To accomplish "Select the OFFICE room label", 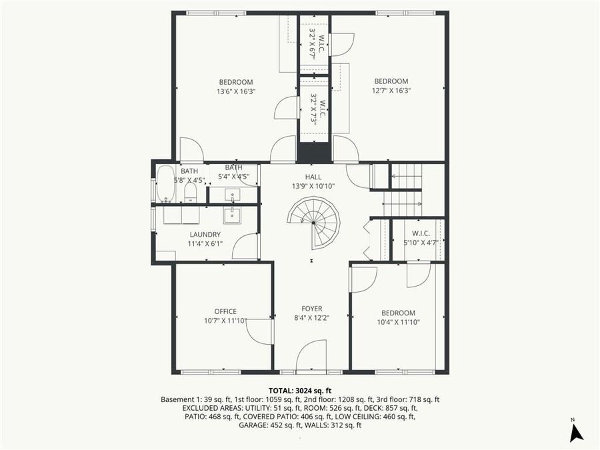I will [225, 311].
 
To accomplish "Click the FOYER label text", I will [311, 309].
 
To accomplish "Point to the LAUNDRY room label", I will [205, 235].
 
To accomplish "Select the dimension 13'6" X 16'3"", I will [236, 91].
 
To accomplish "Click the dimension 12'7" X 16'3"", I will [390, 91].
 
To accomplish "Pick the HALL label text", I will [313, 177].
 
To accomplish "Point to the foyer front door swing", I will [311, 355].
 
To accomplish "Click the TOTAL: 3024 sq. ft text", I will [300, 391].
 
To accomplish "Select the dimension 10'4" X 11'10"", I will [398, 322].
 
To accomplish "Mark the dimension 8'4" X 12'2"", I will [311, 318].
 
